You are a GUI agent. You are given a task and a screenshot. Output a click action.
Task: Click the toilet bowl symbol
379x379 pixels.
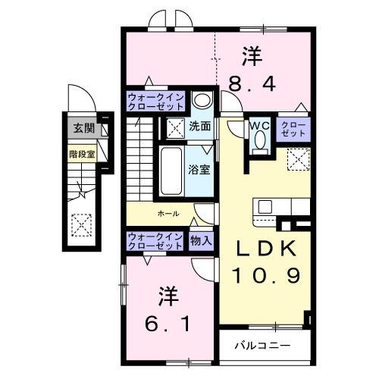point(260,141)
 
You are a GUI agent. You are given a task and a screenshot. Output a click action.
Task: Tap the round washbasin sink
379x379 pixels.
point(201,101)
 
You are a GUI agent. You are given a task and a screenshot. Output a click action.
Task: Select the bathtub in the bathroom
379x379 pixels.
point(172,170)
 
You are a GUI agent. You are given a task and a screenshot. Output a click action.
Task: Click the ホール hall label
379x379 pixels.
point(168,214)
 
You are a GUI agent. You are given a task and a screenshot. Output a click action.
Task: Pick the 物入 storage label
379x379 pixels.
point(200,240)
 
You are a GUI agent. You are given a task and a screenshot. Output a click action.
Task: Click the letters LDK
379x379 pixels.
point(266,248)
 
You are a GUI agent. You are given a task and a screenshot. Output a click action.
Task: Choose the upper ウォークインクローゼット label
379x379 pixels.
point(155,102)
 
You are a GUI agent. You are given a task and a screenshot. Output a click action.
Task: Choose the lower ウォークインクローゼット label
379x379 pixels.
point(155,240)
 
